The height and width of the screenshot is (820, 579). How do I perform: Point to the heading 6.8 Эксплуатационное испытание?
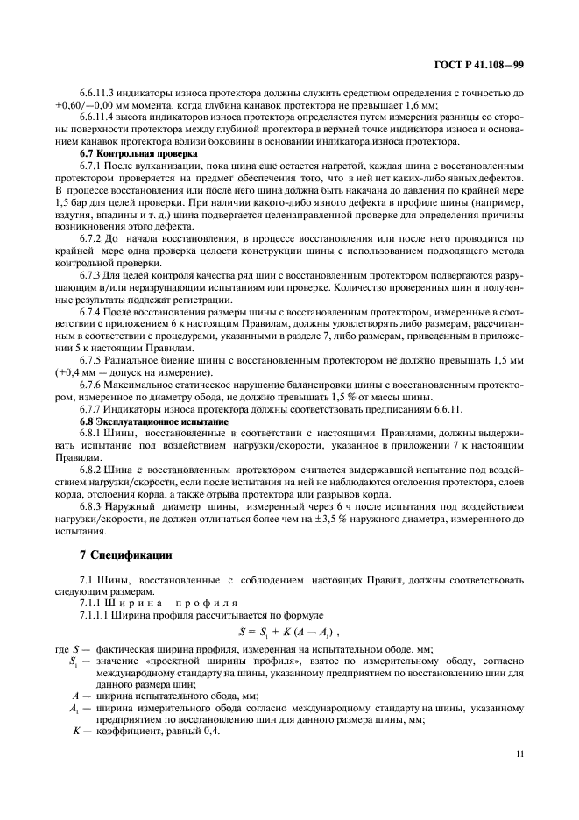(148, 421)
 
